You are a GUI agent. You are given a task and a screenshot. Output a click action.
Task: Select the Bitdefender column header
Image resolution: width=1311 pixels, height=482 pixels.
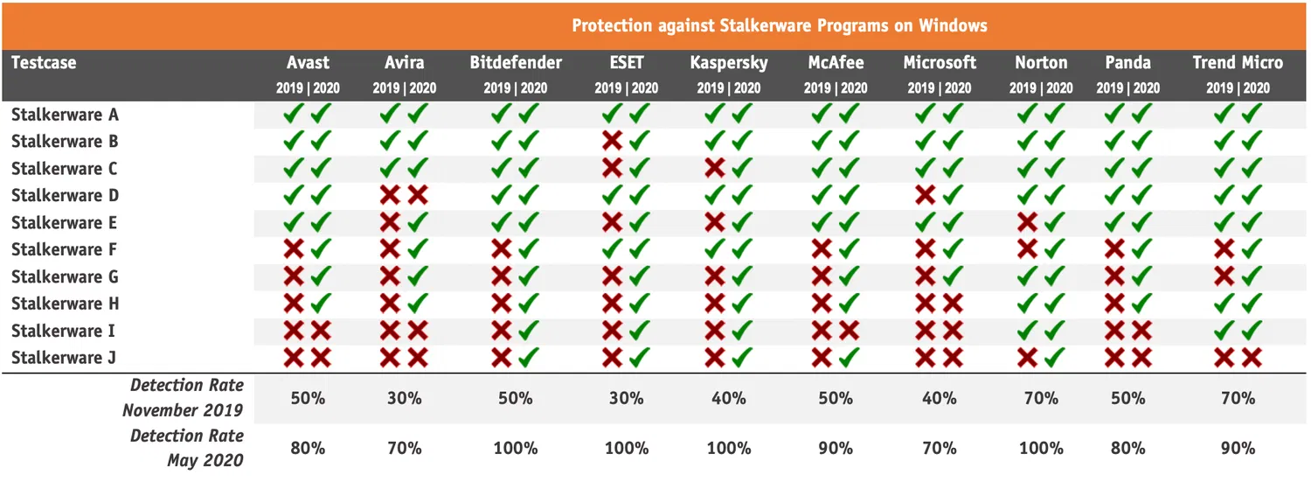point(516,63)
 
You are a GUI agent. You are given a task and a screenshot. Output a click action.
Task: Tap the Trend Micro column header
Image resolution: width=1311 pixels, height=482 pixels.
point(1238,63)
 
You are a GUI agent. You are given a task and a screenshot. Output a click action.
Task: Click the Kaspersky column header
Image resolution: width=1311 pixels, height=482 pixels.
point(729,63)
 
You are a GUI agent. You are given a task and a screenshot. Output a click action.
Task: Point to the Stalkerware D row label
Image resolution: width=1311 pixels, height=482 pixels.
point(65,195)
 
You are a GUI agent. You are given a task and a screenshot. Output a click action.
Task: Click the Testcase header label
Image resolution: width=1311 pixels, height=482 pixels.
point(44,63)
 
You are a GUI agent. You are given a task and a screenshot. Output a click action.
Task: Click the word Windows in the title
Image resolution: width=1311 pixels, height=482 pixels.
point(954,25)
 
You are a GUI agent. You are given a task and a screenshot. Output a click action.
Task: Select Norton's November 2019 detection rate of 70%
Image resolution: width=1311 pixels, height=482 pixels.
point(1041,398)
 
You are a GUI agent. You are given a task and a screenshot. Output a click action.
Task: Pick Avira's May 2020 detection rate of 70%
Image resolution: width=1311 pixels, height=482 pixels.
point(404,449)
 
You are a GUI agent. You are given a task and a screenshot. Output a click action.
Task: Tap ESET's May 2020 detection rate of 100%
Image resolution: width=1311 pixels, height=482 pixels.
point(626,449)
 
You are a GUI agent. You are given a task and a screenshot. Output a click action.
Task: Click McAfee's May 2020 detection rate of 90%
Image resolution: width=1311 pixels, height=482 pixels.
point(836,449)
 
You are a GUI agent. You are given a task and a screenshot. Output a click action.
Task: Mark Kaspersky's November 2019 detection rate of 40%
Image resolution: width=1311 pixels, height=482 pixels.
point(729,398)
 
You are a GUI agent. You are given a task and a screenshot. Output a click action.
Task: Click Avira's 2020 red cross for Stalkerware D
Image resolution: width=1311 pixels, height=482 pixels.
point(418,195)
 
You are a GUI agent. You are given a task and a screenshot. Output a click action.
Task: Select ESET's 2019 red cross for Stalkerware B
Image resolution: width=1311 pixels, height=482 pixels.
point(613,141)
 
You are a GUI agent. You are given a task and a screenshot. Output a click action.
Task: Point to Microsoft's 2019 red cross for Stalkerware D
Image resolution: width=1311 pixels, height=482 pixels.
point(926,195)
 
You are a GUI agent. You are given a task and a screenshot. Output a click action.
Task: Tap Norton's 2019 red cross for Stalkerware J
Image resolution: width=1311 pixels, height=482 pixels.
point(1028,358)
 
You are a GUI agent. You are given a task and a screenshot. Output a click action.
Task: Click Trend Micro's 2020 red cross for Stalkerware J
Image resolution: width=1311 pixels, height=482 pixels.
point(1252,358)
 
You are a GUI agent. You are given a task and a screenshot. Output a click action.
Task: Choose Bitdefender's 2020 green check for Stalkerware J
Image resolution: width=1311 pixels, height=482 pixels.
point(529,358)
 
